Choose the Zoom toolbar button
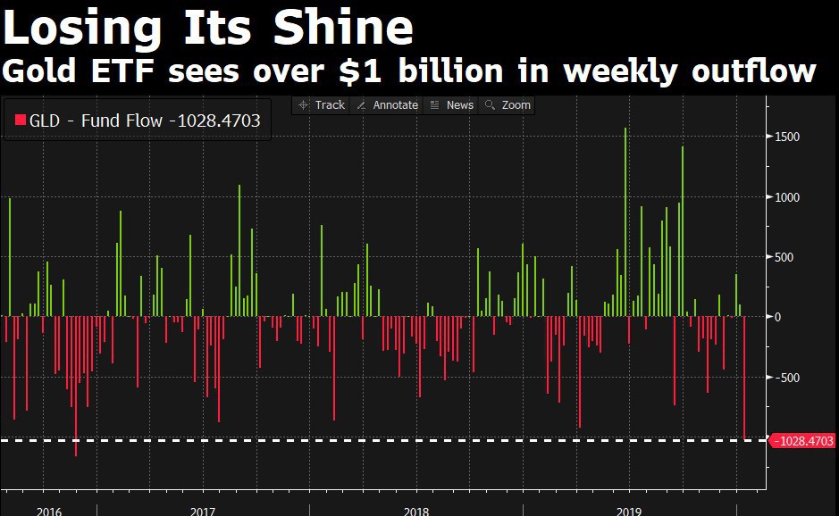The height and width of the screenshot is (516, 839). (x=508, y=105)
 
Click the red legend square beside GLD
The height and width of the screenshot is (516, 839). (x=18, y=121)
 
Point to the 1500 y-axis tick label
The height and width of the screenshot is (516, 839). (x=787, y=137)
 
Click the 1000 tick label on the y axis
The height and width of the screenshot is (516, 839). (x=787, y=197)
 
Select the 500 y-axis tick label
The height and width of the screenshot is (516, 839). (x=784, y=257)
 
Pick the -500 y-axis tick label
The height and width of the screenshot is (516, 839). (x=786, y=378)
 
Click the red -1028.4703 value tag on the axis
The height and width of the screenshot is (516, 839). (x=802, y=440)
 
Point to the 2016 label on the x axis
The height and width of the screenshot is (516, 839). (x=49, y=511)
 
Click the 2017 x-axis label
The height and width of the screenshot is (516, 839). (x=203, y=511)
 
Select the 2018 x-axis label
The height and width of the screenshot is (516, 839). (x=415, y=511)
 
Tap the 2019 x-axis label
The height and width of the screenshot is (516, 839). (x=629, y=511)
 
